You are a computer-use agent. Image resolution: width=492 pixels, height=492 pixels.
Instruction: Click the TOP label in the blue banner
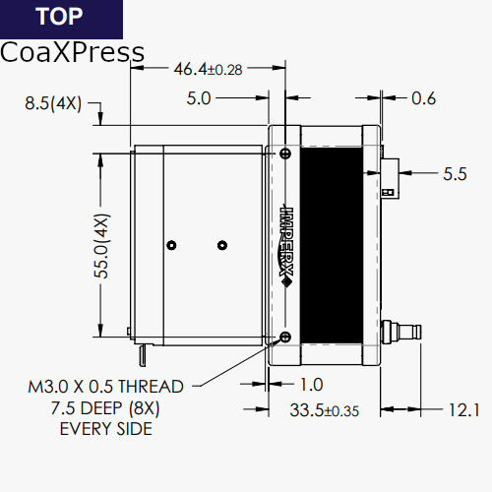tap(59, 16)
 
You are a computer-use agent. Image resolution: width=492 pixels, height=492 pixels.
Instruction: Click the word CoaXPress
tap(72, 52)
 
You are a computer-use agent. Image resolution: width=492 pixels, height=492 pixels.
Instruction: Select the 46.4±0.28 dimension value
tap(208, 69)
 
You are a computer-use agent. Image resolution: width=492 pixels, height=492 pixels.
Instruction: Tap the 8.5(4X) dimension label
tap(53, 103)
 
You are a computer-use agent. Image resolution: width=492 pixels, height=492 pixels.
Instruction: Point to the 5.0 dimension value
tap(199, 98)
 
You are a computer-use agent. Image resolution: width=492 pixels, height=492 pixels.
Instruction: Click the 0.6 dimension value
tap(424, 98)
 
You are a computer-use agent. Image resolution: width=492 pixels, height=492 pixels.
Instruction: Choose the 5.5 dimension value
tap(455, 174)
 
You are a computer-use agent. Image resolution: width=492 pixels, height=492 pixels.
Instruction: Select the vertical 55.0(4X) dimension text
tap(101, 246)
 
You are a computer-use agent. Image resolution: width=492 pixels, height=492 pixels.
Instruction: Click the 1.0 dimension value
tap(312, 385)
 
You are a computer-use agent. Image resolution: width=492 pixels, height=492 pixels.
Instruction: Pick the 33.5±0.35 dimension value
tap(324, 410)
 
